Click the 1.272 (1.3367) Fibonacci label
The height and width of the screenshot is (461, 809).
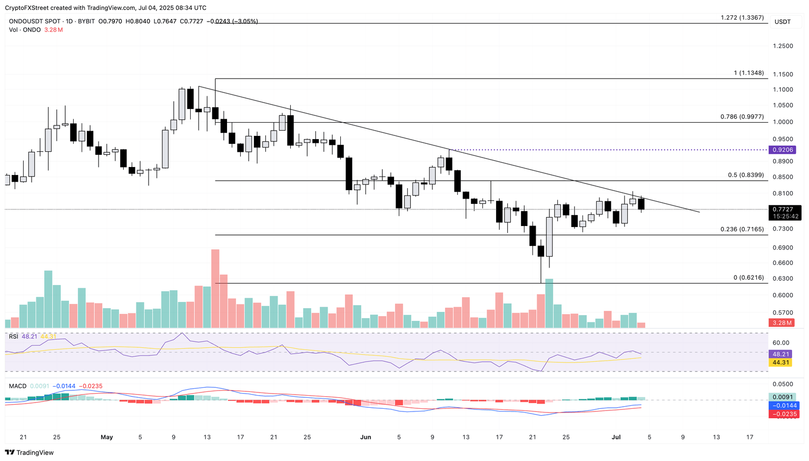point(742,18)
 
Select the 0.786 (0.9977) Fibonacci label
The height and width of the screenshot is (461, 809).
point(742,117)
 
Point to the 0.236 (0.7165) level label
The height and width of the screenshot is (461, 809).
point(742,230)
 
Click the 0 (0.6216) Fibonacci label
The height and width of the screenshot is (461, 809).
point(748,278)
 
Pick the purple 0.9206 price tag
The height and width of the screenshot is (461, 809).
point(782,150)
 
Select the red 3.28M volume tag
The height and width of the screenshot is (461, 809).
point(782,323)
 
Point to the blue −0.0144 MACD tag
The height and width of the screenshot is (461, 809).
point(785,406)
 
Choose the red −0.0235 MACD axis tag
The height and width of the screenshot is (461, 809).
point(785,414)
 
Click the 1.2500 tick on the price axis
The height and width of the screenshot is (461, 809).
point(782,46)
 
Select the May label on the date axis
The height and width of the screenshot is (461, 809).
point(107,437)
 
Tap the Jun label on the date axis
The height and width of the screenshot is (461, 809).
point(366,437)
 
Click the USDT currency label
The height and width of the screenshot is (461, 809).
point(782,22)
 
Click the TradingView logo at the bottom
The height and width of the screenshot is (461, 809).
point(29,453)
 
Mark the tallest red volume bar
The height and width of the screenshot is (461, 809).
point(215,289)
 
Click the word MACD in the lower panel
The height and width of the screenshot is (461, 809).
point(17,386)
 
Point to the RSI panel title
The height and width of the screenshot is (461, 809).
point(14,336)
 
